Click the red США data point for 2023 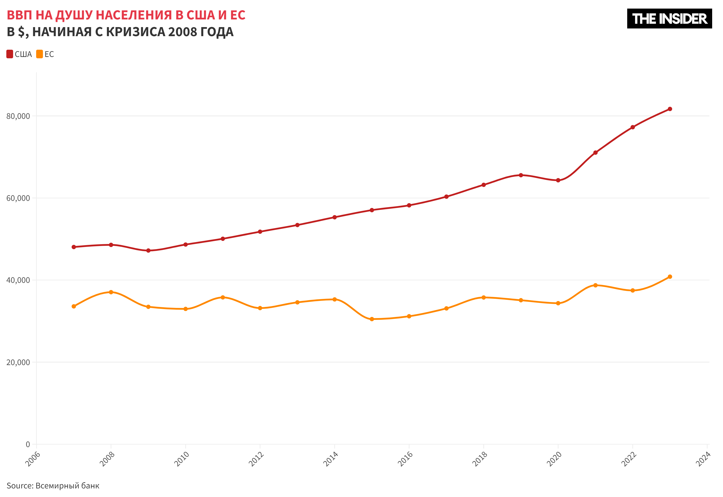670,109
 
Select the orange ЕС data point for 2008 111,292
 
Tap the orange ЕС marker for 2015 372,319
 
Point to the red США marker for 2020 558,180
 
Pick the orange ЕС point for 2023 670,277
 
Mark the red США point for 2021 595,152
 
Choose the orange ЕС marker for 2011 223,297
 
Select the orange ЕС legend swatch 40,54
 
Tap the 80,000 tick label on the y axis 18,116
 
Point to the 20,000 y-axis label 18,362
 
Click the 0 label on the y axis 28,444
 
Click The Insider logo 669,19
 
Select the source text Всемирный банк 67,485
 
